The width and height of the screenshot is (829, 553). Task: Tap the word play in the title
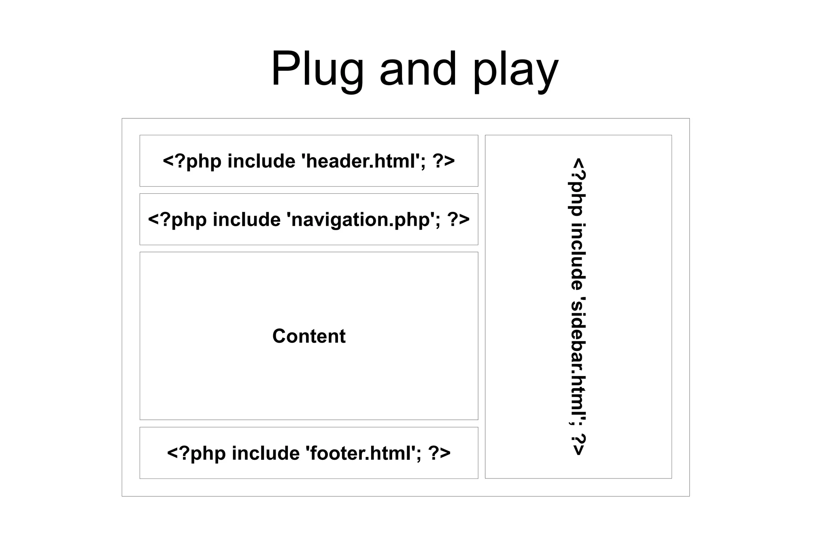click(515, 71)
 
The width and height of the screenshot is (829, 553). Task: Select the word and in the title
click(418, 69)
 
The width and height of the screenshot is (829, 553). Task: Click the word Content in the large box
click(309, 336)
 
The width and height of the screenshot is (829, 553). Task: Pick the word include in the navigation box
click(247, 220)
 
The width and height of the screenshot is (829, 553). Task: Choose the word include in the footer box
click(266, 453)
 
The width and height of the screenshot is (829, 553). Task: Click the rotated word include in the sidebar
click(578, 257)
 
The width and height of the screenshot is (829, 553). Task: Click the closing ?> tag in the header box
click(444, 161)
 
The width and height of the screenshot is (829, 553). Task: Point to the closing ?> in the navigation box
click(458, 220)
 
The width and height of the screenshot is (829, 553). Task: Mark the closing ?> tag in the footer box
click(439, 453)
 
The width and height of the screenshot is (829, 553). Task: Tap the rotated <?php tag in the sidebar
click(578, 187)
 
